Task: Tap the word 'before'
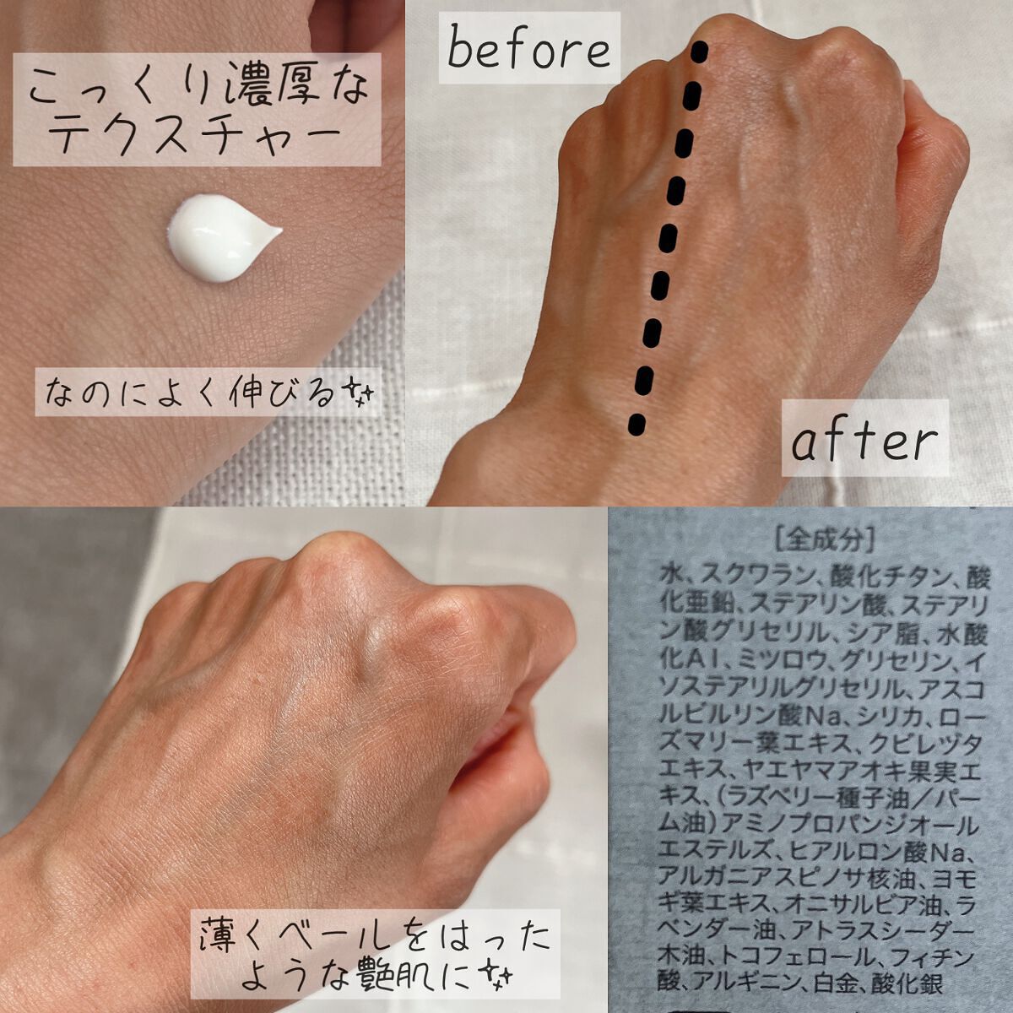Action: click(528, 50)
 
